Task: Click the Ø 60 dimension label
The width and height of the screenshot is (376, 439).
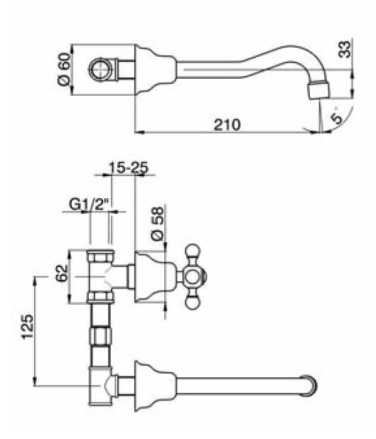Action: pos(63,69)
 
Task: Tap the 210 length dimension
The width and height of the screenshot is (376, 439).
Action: pos(227,124)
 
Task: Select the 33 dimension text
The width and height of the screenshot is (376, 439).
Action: pos(344,49)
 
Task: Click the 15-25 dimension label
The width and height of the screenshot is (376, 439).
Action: pos(128,168)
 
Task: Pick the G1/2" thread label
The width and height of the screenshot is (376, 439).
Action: pos(88,205)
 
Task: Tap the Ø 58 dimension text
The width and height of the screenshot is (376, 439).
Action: pos(157,224)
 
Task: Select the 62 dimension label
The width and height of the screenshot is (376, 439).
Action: pos(62,273)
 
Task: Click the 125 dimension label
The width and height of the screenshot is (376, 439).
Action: pos(28,327)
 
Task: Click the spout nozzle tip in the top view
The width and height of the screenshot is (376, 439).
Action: pos(319,90)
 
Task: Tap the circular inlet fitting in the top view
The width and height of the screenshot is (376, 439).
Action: pos(100,69)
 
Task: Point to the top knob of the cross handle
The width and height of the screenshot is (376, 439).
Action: pos(193,251)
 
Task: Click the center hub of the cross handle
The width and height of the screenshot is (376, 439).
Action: pos(193,277)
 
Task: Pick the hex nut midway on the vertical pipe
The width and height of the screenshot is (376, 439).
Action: pos(101,336)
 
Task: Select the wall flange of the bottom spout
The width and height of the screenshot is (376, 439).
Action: pos(155,386)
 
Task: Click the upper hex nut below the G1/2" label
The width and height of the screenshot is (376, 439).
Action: pos(100,256)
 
